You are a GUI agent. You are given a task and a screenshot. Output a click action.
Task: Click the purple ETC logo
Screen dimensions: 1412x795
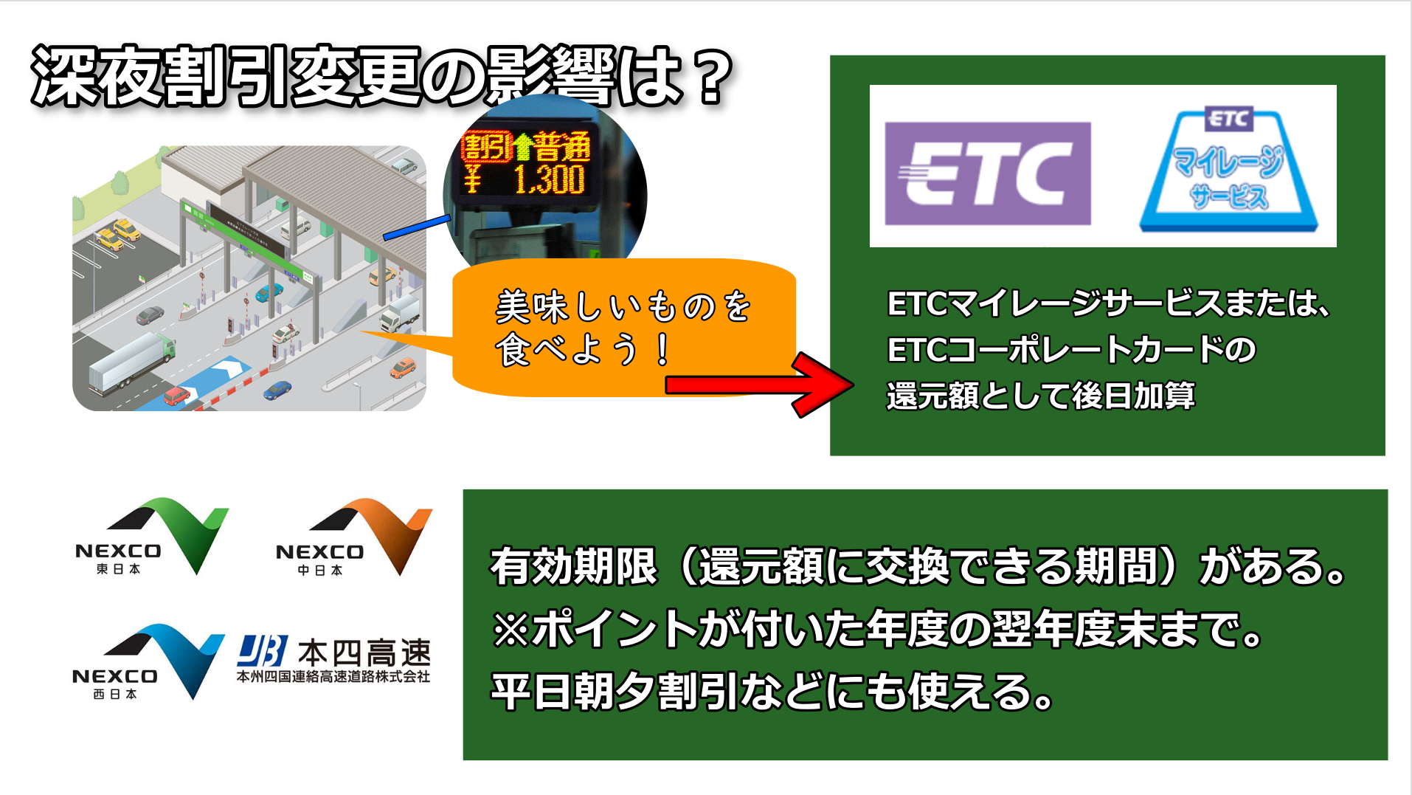pos(987,173)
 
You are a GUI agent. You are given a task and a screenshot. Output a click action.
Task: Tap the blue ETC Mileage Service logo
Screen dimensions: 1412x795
pos(1228,170)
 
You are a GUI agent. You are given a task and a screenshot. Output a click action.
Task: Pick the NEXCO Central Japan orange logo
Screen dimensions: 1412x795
pos(353,537)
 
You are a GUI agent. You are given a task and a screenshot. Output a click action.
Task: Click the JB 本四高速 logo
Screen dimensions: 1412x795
pos(333,660)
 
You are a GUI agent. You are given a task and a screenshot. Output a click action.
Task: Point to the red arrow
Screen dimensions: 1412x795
pos(760,385)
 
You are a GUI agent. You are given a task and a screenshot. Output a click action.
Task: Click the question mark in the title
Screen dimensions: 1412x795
pos(711,77)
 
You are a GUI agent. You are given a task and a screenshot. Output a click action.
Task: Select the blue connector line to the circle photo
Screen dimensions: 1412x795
pos(417,227)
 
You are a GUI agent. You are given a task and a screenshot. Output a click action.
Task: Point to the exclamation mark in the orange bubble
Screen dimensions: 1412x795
pos(662,349)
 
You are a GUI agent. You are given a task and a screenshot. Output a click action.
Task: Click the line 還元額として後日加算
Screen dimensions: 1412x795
pos(1040,396)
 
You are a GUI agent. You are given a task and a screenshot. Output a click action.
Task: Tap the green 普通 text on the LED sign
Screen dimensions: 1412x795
pos(561,146)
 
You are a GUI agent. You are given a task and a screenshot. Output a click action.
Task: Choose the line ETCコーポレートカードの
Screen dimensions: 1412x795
pos(1071,349)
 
